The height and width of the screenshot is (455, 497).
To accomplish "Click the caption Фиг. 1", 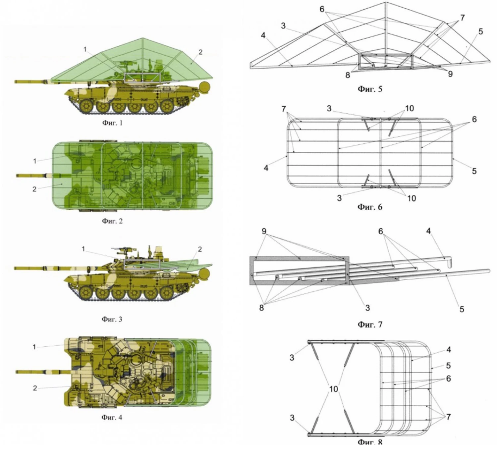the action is [112, 123].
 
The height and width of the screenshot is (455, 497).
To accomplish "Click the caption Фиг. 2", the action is [112, 221].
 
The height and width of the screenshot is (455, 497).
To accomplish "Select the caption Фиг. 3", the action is [112, 319].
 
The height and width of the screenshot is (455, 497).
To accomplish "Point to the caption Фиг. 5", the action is [370, 89].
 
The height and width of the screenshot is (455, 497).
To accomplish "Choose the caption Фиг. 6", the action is [370, 207].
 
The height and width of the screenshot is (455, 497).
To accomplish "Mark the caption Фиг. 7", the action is [370, 324].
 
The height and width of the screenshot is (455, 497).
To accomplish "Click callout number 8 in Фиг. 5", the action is [348, 75].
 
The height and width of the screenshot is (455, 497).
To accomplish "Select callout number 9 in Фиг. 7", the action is [264, 231].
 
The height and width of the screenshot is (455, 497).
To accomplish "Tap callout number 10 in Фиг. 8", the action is [333, 389].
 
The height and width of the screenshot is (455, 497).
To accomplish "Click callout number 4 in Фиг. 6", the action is [266, 168].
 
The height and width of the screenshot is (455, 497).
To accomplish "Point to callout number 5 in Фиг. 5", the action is [480, 31].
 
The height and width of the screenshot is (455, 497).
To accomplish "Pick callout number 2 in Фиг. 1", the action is [200, 52].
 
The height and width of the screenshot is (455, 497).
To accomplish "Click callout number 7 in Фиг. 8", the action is [448, 417].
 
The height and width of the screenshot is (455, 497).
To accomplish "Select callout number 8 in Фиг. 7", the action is [261, 308].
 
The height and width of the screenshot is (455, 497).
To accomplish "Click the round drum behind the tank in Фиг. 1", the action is [204, 87].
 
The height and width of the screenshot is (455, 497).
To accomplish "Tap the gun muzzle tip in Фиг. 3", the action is [15, 268].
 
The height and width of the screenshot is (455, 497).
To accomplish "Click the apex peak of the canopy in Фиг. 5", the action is [385, 2].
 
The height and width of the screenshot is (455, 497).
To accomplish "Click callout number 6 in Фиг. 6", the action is [474, 120].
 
